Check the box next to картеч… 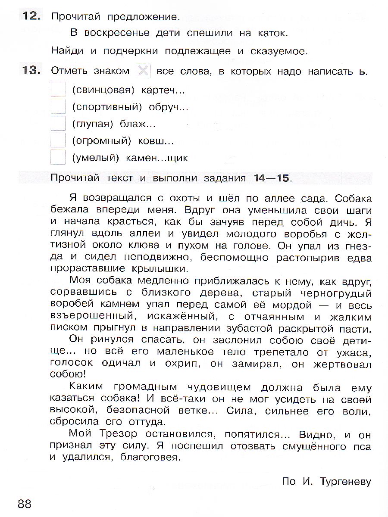58,89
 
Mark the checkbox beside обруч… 58,106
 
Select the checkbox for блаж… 58,123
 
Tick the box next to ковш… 58,140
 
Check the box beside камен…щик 58,157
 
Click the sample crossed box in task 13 143,71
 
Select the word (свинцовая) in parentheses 101,90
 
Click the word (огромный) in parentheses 101,141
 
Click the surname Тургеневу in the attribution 345,481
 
